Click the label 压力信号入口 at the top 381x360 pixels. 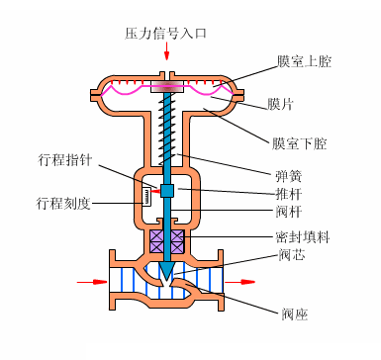pyautogui.click(x=166, y=33)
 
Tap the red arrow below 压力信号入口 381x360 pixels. pyautogui.click(x=166, y=51)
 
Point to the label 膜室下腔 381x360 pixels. pyautogui.click(x=300, y=143)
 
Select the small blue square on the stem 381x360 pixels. pyautogui.click(x=167, y=190)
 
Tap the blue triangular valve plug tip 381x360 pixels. pyautogui.click(x=167, y=268)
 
